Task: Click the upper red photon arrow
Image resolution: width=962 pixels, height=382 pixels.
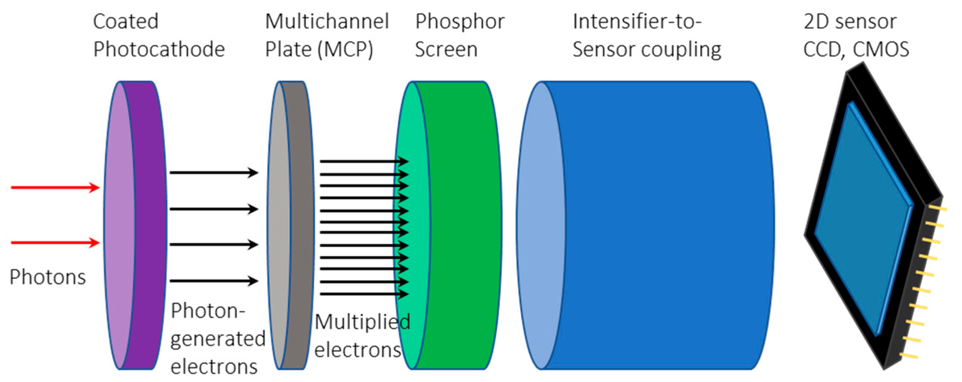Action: coord(53,187)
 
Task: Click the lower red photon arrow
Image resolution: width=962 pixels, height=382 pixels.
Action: coord(53,243)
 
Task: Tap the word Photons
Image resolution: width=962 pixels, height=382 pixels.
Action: coord(48,277)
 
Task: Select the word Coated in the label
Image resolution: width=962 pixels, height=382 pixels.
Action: coord(125,22)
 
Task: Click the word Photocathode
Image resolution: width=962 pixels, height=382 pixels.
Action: coord(159,50)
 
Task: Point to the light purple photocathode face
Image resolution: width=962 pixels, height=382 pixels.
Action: coord(119,227)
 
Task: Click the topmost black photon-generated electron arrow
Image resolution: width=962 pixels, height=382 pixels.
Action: coord(212,173)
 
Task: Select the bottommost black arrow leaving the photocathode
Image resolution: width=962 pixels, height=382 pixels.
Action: coord(212,281)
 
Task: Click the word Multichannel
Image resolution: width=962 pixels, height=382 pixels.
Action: coord(327,22)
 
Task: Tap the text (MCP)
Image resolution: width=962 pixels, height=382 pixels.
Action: coord(346,50)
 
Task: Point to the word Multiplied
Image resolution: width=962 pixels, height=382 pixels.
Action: coord(362,322)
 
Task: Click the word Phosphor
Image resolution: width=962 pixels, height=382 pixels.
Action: coord(459,22)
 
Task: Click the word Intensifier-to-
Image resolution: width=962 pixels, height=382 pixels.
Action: coord(637,22)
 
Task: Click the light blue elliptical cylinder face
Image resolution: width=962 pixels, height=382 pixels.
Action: coord(540,227)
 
